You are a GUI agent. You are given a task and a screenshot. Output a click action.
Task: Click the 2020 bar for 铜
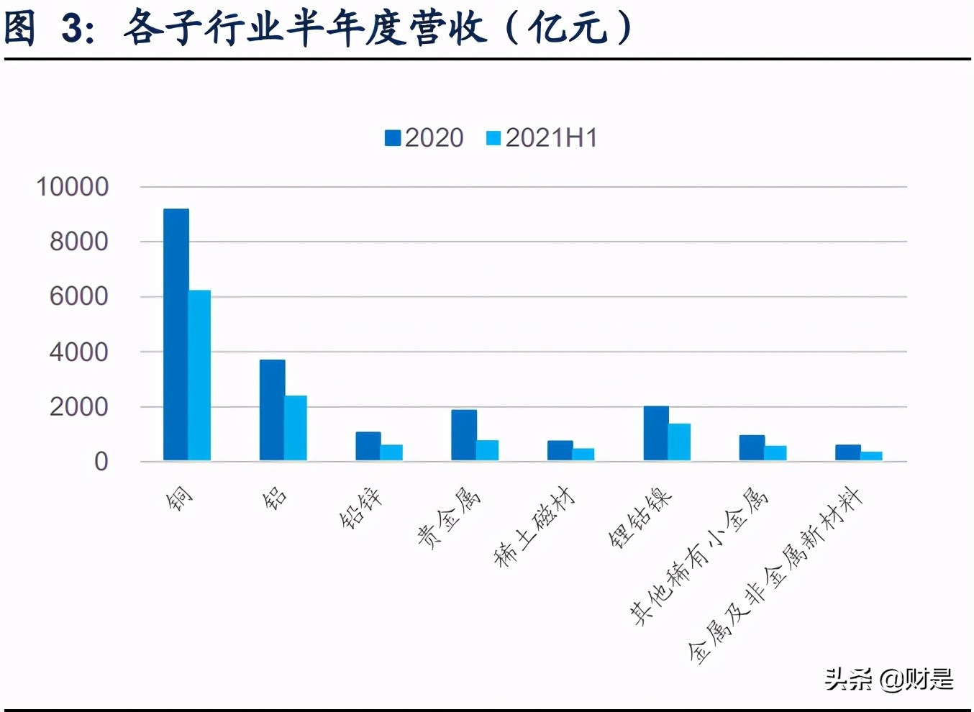tap(176, 334)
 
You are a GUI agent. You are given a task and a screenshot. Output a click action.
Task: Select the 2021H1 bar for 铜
tap(199, 375)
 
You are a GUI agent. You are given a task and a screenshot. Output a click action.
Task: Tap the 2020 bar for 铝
tap(272, 410)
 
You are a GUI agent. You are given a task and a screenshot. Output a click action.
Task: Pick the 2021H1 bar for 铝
tap(296, 428)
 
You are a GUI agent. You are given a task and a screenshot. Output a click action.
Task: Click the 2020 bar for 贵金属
tap(463, 435)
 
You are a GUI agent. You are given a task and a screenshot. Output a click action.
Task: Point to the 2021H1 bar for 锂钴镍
tap(679, 442)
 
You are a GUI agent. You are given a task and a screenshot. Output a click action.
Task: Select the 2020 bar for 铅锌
tap(368, 446)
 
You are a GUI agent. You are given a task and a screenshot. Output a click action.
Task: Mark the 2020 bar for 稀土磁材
tap(560, 450)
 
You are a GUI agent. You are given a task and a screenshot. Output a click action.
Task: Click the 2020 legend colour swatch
tap(393, 138)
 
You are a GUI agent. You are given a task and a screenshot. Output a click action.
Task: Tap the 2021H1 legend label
tap(551, 138)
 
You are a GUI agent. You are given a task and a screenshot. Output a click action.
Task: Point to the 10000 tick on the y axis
tap(73, 187)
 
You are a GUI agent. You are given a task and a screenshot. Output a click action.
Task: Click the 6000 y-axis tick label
tap(78, 296)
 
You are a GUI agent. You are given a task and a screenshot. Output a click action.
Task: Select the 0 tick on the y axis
tap(101, 462)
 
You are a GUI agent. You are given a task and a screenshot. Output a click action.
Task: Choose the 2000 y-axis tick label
tap(78, 407)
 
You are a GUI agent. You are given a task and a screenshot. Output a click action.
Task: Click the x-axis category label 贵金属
tap(448, 518)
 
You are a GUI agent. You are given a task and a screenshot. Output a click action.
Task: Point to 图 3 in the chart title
tap(47, 29)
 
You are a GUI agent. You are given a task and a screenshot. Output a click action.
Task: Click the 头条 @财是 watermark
tap(888, 679)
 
